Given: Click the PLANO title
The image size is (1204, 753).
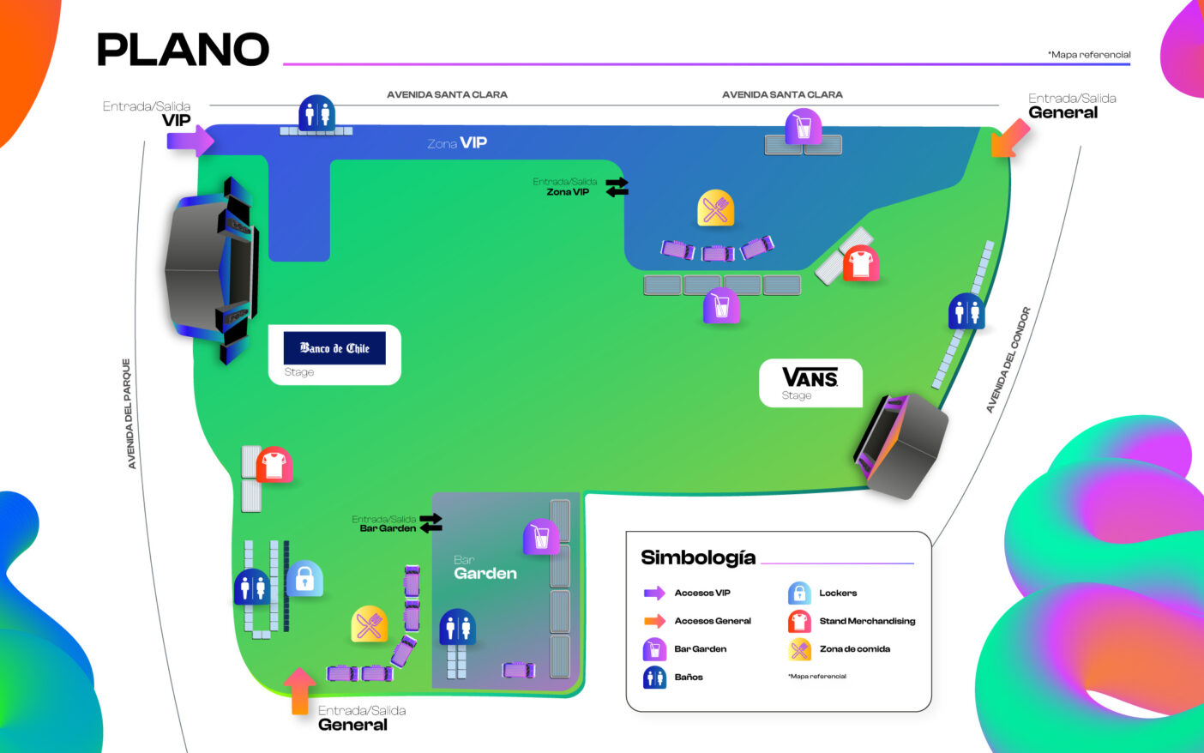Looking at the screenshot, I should pyautogui.click(x=183, y=50).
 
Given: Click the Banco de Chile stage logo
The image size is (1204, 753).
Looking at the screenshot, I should pyautogui.click(x=334, y=348).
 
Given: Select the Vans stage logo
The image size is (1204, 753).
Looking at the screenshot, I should pyautogui.click(x=810, y=377).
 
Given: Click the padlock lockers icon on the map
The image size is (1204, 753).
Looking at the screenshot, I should pyautogui.click(x=304, y=579).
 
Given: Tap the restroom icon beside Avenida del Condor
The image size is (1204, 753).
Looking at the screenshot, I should pyautogui.click(x=966, y=311).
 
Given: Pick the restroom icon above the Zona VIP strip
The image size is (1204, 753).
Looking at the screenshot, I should pyautogui.click(x=316, y=113).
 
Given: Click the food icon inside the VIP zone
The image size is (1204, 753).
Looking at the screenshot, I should pyautogui.click(x=715, y=208).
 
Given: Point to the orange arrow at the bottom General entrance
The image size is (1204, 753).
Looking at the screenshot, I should pyautogui.click(x=299, y=690).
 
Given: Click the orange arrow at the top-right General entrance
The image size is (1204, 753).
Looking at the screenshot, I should pyautogui.click(x=1010, y=138).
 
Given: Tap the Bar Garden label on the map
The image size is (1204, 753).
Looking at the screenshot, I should pyautogui.click(x=485, y=568).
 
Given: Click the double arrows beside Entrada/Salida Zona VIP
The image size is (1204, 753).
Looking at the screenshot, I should pyautogui.click(x=617, y=186).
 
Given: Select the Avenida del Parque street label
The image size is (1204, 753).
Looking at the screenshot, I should pyautogui.click(x=129, y=413).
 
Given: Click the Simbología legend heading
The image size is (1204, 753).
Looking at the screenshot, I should pyautogui.click(x=698, y=557).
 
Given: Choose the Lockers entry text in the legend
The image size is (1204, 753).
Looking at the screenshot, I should pyautogui.click(x=838, y=593).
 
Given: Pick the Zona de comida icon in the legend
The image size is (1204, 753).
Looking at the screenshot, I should pyautogui.click(x=799, y=649).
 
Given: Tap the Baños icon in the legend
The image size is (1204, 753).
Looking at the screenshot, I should pyautogui.click(x=654, y=677).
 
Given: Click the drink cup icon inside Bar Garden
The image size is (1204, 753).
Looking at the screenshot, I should pyautogui.click(x=541, y=537).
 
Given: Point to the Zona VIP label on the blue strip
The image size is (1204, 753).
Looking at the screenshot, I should pyautogui.click(x=457, y=143).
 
